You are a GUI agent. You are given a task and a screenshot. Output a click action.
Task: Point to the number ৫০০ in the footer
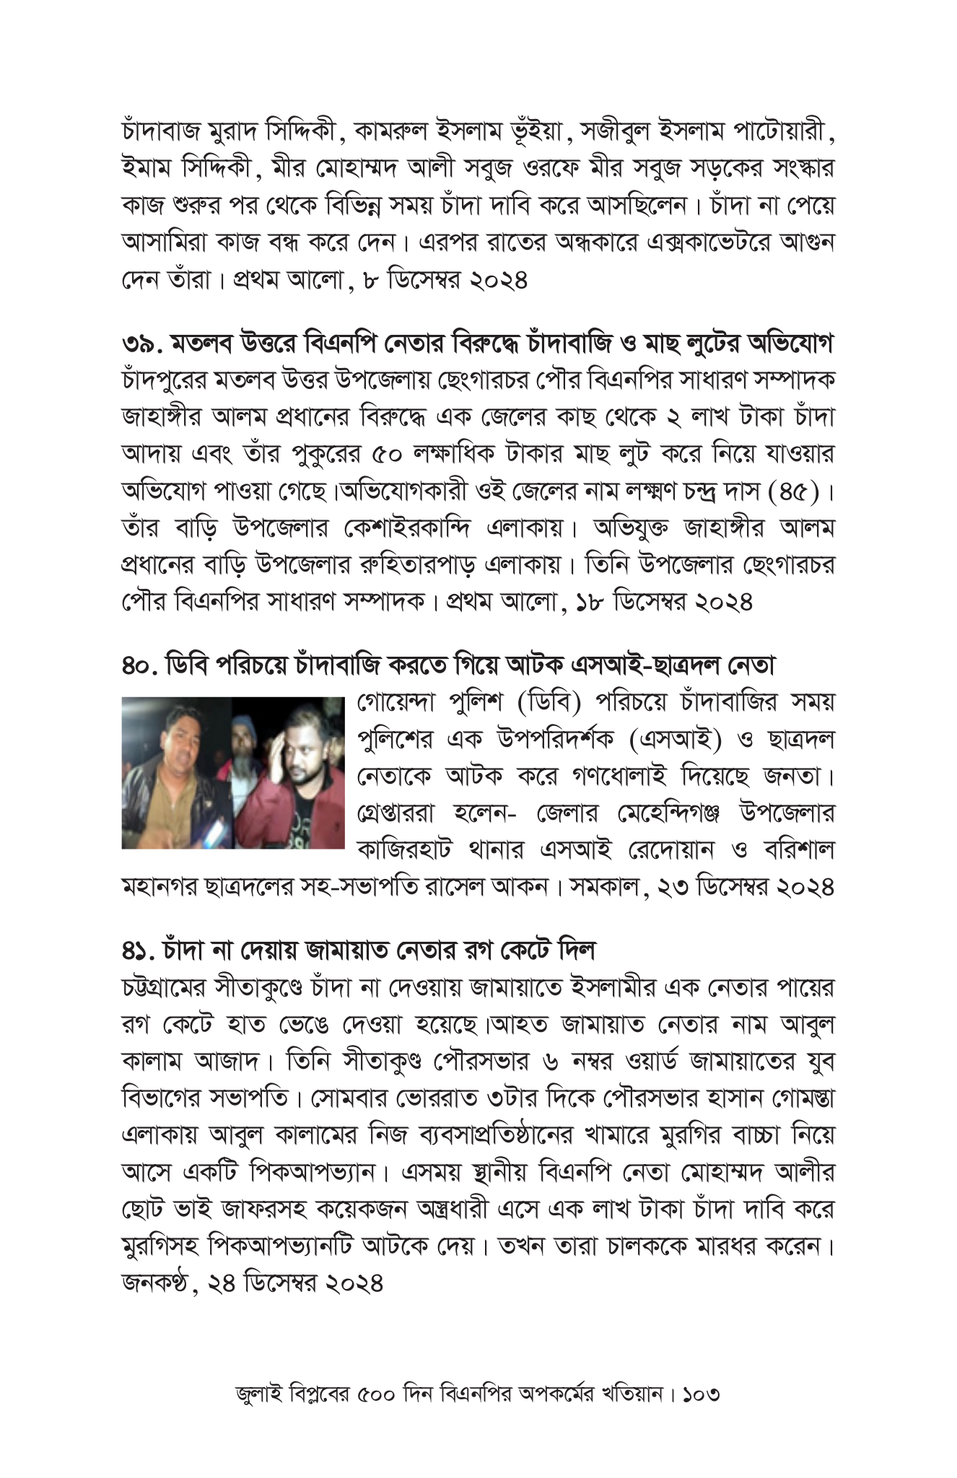(x=375, y=1393)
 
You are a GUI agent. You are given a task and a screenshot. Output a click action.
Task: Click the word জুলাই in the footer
(x=259, y=1393)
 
